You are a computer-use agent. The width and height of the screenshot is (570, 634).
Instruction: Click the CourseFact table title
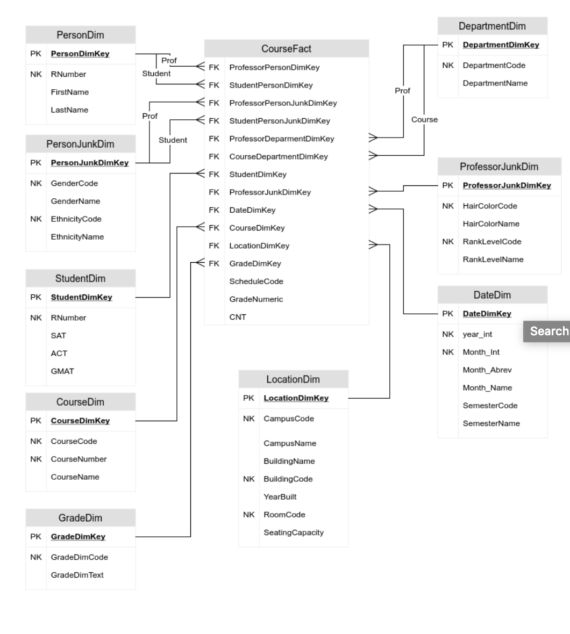(286, 49)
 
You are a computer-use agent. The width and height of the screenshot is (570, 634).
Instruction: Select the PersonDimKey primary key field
(80, 54)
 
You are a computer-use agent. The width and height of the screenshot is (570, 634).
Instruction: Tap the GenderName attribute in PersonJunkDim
(75, 201)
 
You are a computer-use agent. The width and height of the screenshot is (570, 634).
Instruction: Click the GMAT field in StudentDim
(62, 371)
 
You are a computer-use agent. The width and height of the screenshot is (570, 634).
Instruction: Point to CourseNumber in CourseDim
(79, 459)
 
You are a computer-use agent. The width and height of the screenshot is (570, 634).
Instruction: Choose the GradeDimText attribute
(77, 575)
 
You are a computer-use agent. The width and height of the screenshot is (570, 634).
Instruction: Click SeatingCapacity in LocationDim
(294, 532)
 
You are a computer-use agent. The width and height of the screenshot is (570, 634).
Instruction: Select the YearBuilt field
(280, 496)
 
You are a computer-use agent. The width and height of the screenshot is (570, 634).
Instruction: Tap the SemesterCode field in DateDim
(490, 406)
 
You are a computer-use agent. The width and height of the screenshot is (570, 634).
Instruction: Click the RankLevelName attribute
(493, 259)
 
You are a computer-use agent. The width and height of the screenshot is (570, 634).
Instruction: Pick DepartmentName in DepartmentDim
(495, 83)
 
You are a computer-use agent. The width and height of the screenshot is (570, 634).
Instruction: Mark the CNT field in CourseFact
(238, 317)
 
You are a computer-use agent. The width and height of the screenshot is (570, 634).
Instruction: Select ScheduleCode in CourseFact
(256, 281)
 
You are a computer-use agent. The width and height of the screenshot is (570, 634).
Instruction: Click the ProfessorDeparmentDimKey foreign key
(281, 139)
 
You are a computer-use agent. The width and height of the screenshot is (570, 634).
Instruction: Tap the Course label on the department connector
(424, 120)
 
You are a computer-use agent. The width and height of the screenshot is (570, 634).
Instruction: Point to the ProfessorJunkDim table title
(498, 167)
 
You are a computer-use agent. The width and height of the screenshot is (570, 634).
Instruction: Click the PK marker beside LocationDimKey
(248, 398)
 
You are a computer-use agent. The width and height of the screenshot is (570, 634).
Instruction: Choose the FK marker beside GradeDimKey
(213, 263)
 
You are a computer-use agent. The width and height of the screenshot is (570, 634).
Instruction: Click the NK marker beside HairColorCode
(447, 206)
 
